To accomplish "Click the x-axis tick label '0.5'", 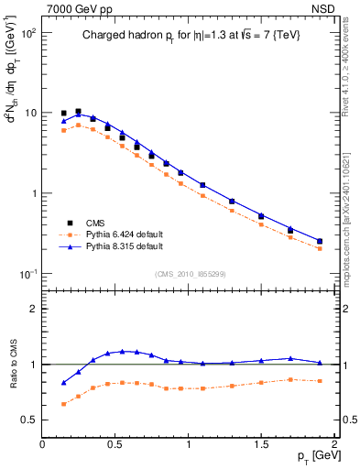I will coord(115,445).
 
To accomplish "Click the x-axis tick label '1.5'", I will coord(261,445).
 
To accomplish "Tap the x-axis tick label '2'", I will coord(334,445).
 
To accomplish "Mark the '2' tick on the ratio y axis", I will coord(32,309).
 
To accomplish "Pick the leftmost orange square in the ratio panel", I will coord(63,404).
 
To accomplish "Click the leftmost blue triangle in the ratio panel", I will coord(63,383).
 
